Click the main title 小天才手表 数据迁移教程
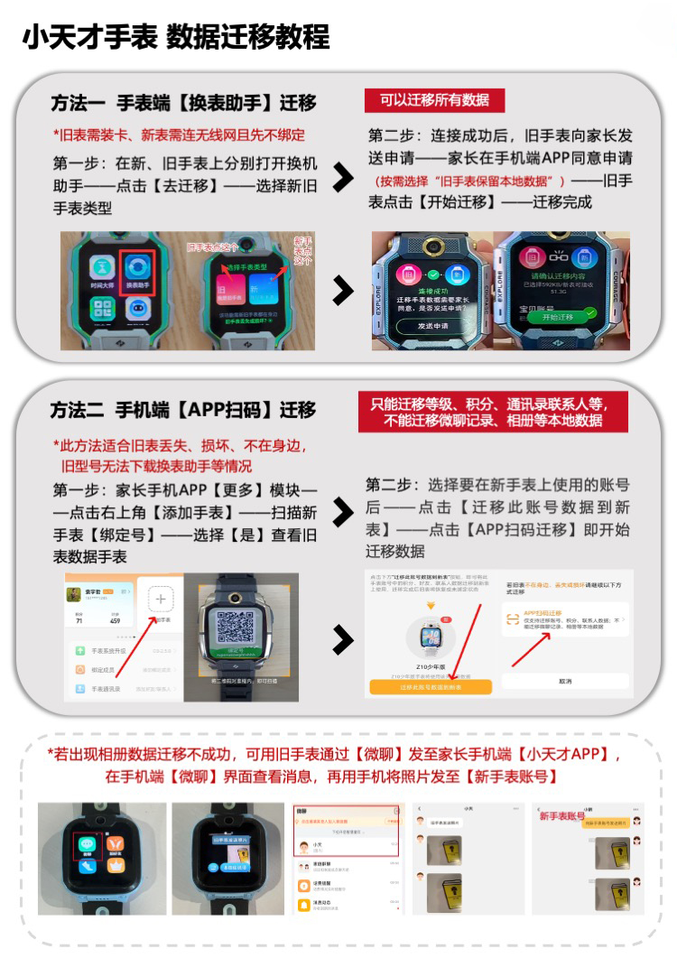coord(176,36)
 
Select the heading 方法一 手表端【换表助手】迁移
coord(183,102)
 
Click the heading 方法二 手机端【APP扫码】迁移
coord(183,410)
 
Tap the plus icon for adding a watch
coord(161,600)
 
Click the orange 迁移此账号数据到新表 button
coord(430,687)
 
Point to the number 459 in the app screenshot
coord(115,620)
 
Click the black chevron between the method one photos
coord(343,290)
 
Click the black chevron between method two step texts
coord(343,513)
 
